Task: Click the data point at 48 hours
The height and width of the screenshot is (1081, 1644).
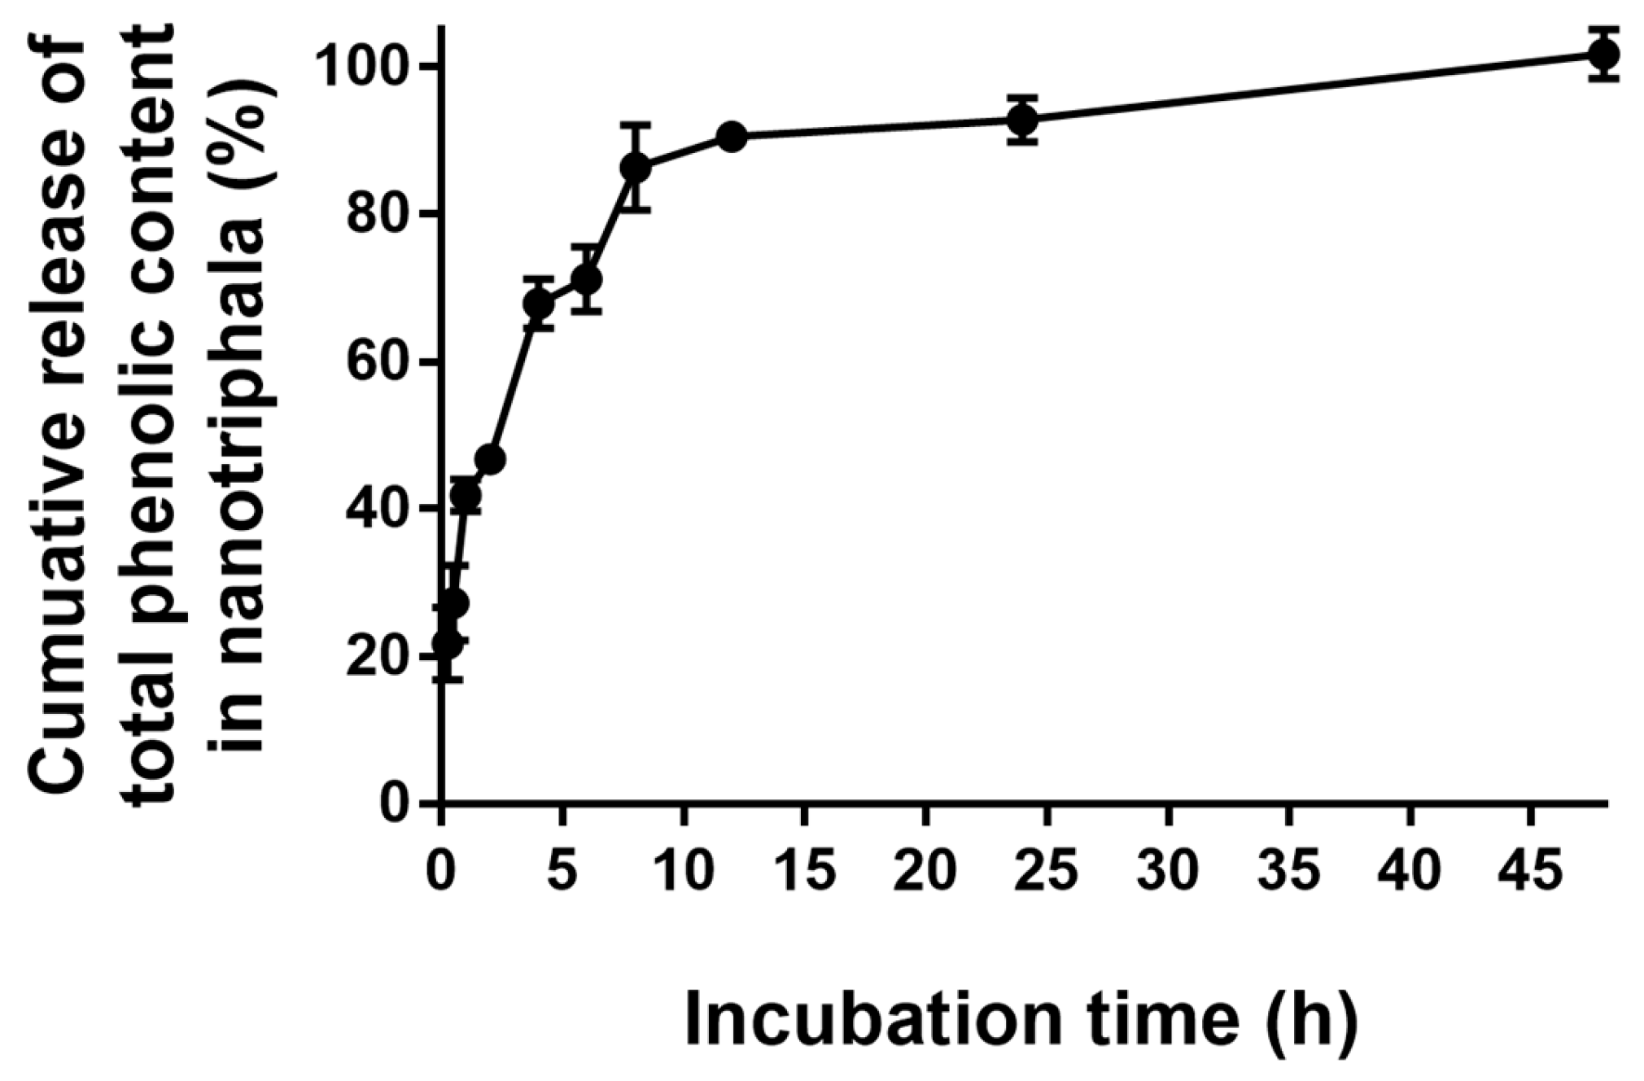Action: pos(1602,55)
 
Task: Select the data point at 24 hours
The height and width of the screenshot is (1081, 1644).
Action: pos(1022,120)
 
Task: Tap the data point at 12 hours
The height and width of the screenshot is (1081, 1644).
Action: pos(732,136)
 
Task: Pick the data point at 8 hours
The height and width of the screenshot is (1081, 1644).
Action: pos(635,168)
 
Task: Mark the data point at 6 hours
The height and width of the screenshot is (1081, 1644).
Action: pos(587,279)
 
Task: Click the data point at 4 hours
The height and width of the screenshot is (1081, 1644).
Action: pos(538,304)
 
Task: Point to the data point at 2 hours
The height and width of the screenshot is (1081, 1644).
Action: pos(490,460)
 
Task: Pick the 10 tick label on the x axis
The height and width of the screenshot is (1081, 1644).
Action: pos(684,869)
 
